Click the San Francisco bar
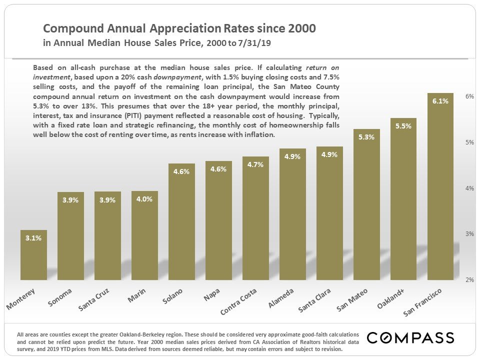pyautogui.click(x=440, y=190)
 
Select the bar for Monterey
pyautogui.click(x=33, y=257)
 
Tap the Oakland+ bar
pyautogui.click(x=403, y=200)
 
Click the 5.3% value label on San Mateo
pyautogui.click(x=366, y=137)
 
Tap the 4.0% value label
pyautogui.click(x=144, y=199)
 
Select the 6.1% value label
pyautogui.click(x=440, y=101)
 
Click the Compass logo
pyautogui.click(x=410, y=337)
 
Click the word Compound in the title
pyautogui.click(x=68, y=28)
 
